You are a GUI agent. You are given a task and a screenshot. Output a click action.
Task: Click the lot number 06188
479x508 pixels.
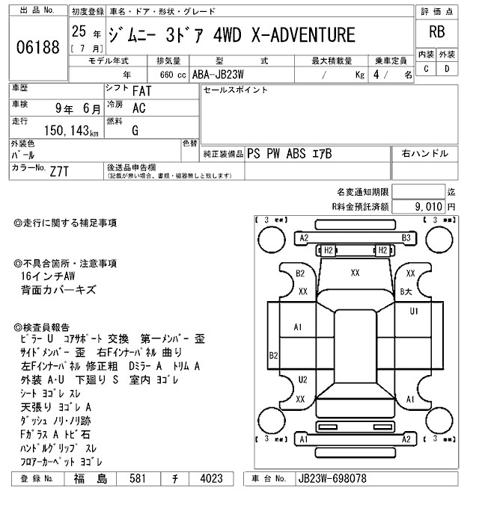pos(37,48)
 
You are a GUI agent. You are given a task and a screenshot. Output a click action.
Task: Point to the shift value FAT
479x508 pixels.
pos(138,91)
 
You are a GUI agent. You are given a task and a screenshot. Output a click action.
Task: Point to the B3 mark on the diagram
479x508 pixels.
pos(406,238)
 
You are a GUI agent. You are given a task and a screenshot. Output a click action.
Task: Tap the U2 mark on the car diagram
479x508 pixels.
pos(302,380)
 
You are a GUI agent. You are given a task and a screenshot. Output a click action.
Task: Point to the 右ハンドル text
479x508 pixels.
pos(424,153)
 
